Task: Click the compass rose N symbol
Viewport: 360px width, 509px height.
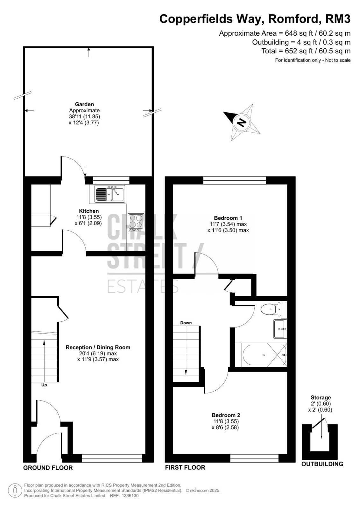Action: (x=242, y=123)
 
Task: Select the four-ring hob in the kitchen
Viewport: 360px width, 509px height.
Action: (x=136, y=222)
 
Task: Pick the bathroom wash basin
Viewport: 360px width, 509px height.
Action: (x=280, y=329)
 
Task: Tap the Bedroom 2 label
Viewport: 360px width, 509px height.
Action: (x=226, y=415)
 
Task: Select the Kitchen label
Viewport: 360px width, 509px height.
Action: (x=89, y=211)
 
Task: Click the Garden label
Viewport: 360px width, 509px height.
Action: (x=84, y=104)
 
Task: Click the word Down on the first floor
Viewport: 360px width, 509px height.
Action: (x=186, y=323)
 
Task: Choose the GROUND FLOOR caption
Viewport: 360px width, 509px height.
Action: (x=48, y=468)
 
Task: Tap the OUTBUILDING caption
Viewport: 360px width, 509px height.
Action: (x=322, y=464)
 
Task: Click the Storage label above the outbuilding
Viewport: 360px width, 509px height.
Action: (x=321, y=398)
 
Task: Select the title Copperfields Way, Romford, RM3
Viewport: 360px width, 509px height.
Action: (x=255, y=19)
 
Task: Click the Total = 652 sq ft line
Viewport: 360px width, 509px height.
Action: (x=306, y=51)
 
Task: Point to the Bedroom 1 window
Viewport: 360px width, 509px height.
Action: (x=235, y=180)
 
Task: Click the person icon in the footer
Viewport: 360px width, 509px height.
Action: (x=15, y=491)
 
